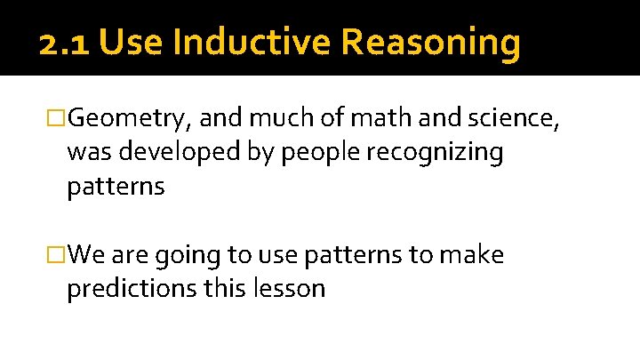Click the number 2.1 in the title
[65, 42]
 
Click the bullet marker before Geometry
[56, 118]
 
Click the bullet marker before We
[56, 256]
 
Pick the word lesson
[288, 289]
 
